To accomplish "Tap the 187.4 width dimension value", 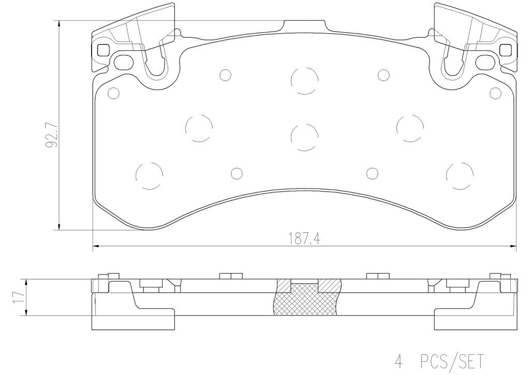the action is click(x=304, y=239).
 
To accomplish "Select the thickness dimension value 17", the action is click(x=19, y=297).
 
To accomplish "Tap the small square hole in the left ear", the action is click(x=103, y=50).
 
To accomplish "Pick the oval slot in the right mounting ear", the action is click(x=484, y=61).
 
